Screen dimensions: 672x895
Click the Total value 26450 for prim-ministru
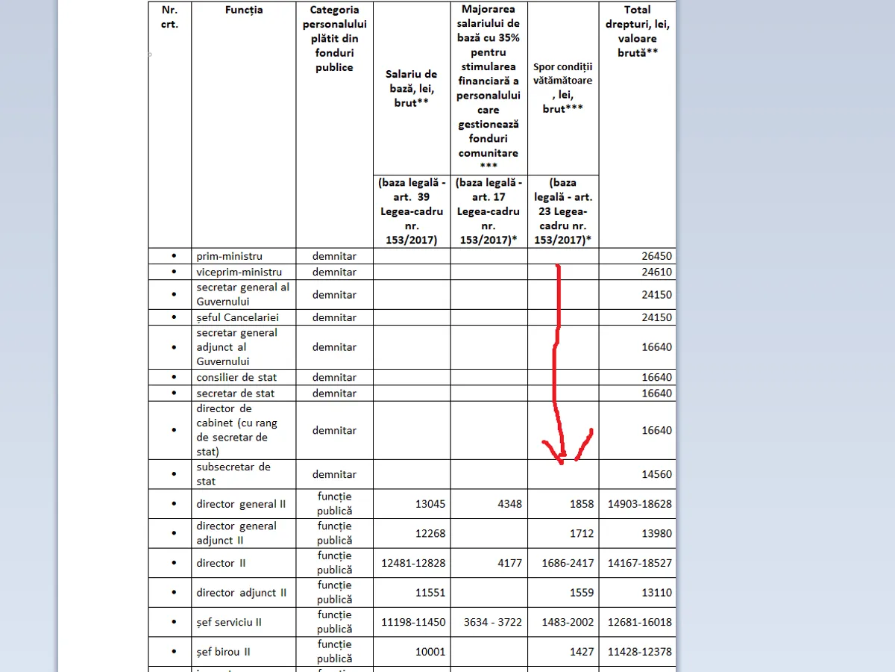[x=656, y=256]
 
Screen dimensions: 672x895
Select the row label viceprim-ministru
[x=239, y=272]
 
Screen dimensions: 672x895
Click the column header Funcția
[x=243, y=10]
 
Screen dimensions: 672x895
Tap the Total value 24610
[x=656, y=272]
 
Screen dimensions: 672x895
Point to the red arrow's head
[x=563, y=458]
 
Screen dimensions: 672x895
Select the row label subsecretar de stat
[x=233, y=474]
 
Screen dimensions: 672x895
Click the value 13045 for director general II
[x=430, y=504]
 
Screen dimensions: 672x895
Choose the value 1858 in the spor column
[x=580, y=504]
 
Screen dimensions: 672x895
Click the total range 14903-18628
[x=639, y=504]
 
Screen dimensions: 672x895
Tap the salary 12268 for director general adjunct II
[x=430, y=533]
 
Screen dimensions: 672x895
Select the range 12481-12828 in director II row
[x=413, y=563]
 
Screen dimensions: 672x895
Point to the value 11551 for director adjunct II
[x=430, y=593]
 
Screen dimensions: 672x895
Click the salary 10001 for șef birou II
[x=430, y=652]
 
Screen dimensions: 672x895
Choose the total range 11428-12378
[x=639, y=652]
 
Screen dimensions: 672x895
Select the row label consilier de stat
[x=236, y=377]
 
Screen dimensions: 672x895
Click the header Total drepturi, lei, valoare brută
[x=638, y=31]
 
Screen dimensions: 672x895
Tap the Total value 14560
[x=656, y=474]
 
